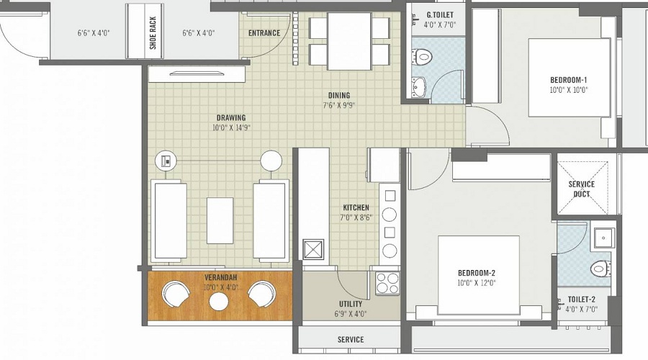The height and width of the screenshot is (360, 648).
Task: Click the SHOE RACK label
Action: [x=153, y=32]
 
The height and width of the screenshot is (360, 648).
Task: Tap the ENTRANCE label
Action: [x=264, y=33]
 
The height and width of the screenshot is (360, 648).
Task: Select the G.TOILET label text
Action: [x=441, y=14]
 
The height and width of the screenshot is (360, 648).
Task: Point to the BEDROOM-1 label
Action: [x=568, y=79]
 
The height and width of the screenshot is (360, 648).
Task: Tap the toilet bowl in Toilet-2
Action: [x=599, y=269]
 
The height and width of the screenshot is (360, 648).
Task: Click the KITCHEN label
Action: [x=356, y=207]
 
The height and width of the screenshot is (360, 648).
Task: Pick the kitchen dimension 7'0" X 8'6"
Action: [x=356, y=218]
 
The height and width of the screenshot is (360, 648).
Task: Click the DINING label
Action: [x=338, y=95]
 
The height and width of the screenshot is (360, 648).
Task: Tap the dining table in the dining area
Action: [x=349, y=41]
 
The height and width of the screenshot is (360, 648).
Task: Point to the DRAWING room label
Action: [x=230, y=117]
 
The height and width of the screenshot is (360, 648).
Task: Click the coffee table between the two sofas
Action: [x=220, y=220]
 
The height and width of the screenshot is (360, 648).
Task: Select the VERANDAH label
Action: [x=220, y=277]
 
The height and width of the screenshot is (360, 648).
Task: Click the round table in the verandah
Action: [x=219, y=300]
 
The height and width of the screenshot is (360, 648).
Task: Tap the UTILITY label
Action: [x=351, y=304]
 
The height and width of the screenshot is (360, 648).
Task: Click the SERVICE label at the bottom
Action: [x=351, y=339]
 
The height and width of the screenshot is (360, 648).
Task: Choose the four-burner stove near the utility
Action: [x=387, y=283]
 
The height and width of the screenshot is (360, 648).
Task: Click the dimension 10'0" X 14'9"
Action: [x=230, y=128]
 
